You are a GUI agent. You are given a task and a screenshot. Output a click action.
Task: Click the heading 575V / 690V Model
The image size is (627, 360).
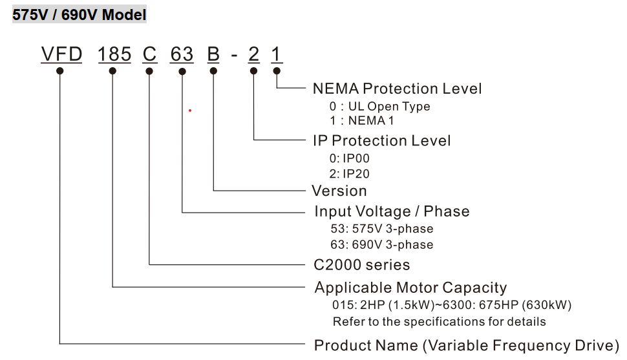coord(80,14)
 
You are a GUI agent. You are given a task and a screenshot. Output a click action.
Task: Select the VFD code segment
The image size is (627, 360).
coord(61,54)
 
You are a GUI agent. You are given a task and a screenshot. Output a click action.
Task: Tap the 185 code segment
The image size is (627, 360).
coord(114,54)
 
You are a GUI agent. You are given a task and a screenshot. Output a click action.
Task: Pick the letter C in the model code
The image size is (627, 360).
coord(150,54)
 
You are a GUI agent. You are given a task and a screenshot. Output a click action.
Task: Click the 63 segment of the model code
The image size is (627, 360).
coord(182,54)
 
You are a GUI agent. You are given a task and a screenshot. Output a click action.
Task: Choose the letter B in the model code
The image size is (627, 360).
coord(213,54)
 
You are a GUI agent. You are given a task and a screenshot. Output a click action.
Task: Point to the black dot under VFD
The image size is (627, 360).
coord(60,70)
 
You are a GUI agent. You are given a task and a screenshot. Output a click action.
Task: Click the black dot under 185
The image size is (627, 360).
coord(112,70)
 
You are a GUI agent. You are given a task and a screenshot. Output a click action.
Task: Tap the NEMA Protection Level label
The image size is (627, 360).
coord(397,89)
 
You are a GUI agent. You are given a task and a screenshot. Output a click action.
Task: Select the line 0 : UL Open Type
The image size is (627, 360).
coord(379,107)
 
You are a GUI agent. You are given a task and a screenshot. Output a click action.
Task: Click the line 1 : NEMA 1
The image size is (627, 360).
coord(361,120)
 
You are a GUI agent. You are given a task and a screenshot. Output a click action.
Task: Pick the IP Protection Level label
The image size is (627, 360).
coord(381,140)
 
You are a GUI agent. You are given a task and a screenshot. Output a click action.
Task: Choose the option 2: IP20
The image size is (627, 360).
coord(349,173)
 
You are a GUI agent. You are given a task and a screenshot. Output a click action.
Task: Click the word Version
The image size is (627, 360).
coord(339,191)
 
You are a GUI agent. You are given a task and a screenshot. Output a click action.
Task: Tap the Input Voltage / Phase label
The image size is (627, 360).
coord(392,211)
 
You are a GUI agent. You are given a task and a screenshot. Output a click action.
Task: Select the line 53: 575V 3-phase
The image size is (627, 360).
coord(381,229)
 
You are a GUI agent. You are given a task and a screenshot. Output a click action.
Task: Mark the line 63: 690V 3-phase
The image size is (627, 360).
coord(381,245)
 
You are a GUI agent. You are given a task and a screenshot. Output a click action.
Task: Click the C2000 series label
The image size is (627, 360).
coord(361,264)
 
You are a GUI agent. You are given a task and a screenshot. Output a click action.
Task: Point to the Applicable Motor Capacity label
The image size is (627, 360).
coord(410,288)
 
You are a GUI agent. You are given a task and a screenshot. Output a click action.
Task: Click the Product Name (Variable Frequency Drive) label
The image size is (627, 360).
coord(466,344)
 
